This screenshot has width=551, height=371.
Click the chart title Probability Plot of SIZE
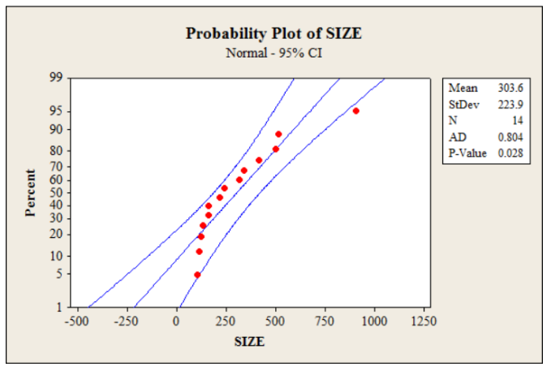tap(273, 34)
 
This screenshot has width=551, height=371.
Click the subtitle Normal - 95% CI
tap(273, 53)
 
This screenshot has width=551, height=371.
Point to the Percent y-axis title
tap(31, 192)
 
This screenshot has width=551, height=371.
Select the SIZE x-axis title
tap(249, 341)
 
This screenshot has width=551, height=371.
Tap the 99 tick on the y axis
tap(56, 79)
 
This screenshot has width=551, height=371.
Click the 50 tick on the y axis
tap(56, 192)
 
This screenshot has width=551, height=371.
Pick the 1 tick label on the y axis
tap(59, 308)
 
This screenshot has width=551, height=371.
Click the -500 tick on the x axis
tap(77, 321)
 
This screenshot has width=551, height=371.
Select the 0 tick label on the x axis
tap(176, 321)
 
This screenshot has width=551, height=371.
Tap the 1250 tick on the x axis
tap(424, 321)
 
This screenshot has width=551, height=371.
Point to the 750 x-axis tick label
tap(325, 321)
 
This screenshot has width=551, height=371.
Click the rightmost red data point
tap(355, 110)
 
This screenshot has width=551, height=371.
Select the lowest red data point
tap(197, 275)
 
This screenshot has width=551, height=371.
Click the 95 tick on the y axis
tap(56, 111)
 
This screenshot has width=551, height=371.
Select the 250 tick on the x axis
tap(226, 321)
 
